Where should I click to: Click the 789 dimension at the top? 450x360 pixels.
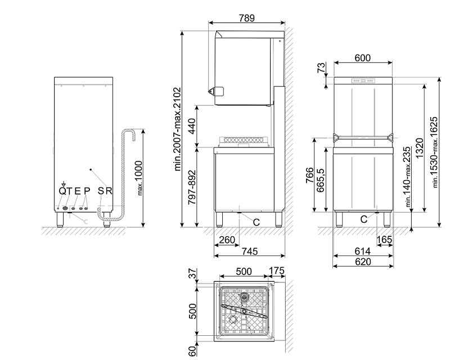coord(246,18)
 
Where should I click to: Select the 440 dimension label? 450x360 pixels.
coord(192,126)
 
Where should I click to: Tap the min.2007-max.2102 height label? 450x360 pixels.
coord(178,129)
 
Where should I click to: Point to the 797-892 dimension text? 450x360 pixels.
coord(192,187)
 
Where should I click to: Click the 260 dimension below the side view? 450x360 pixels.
coord(227,240)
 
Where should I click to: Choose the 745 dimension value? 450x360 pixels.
coord(249,251)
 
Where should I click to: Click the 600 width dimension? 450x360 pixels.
coord(362,58)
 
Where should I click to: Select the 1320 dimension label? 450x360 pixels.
coord(419,148)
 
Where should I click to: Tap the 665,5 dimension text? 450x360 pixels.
coord(320,180)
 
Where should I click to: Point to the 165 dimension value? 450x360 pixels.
coord(384,240)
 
